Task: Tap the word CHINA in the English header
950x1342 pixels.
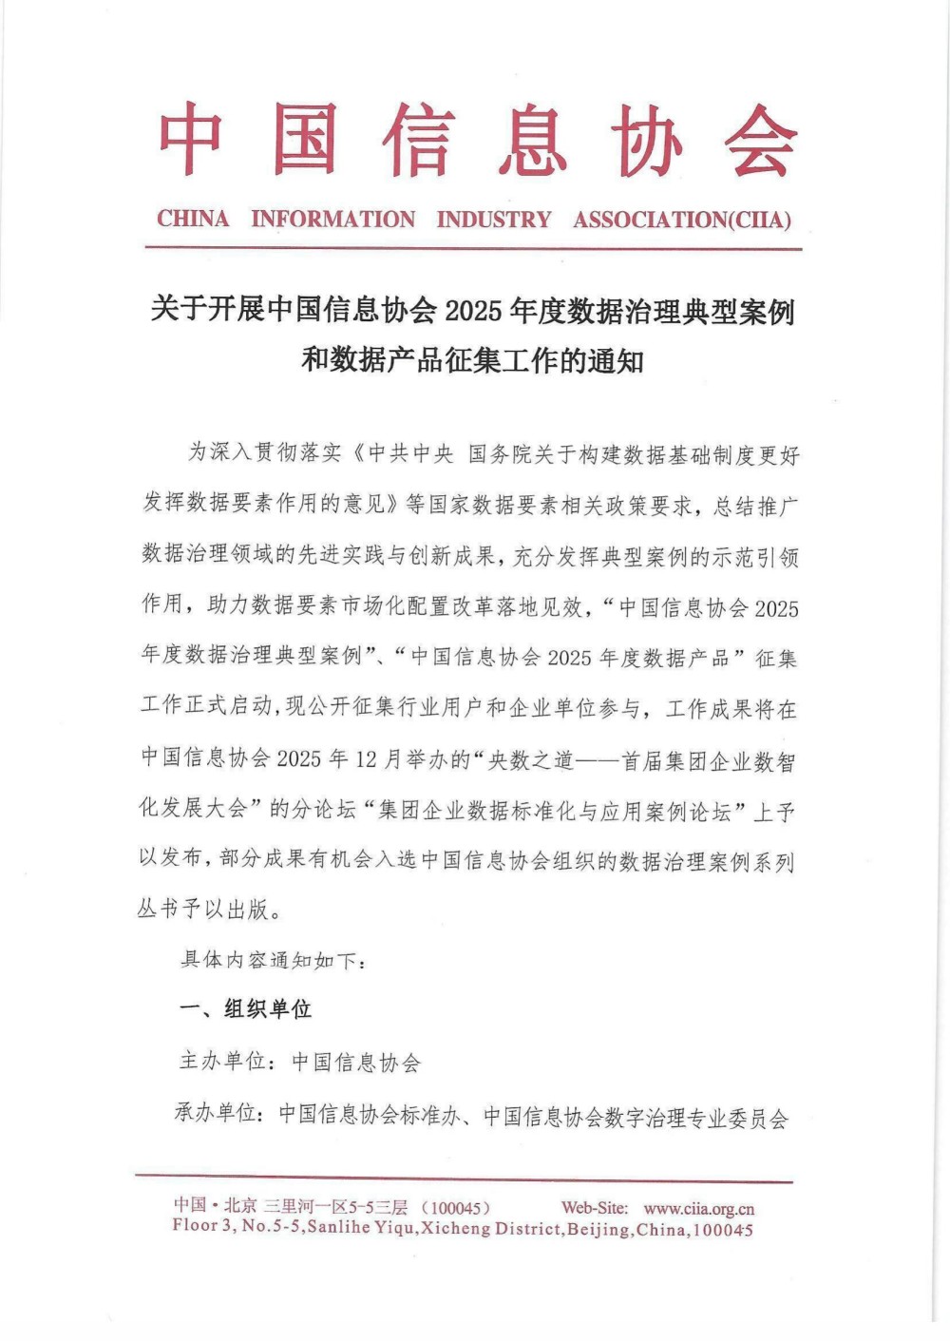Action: point(193,220)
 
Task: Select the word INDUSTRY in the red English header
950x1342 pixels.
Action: point(493,220)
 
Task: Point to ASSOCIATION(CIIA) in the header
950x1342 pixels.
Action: point(681,220)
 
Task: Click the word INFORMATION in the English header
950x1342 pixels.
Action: point(332,220)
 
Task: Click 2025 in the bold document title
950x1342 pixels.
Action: point(472,311)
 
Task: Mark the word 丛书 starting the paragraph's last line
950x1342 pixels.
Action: point(159,909)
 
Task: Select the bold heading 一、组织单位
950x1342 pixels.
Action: point(246,1009)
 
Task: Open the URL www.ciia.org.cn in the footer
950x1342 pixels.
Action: point(698,1209)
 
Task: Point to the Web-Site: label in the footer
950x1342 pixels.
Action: point(594,1208)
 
